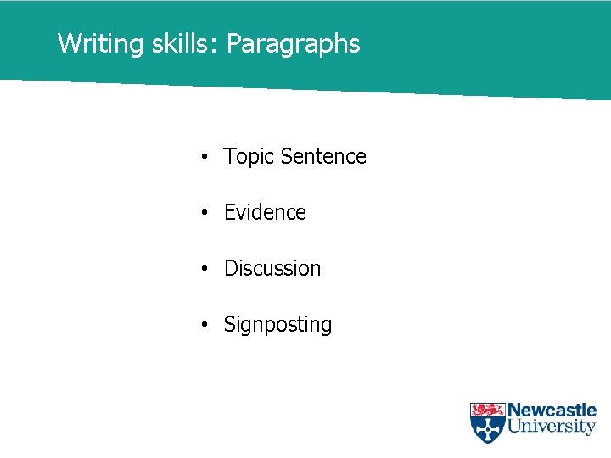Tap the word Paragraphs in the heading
coord(294,44)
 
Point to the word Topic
coord(249,157)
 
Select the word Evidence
coord(265,213)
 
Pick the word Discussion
coord(272,269)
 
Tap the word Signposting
coord(277,325)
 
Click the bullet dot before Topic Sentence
coord(205,158)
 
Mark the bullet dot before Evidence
coord(205,214)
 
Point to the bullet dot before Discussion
coord(205,270)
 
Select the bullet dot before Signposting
coord(205,326)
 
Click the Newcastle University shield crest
coord(487,422)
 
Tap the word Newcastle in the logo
coord(552,411)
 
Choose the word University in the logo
coord(552,427)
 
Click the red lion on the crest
coord(487,411)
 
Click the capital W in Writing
coord(67,44)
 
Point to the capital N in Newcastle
coord(514,411)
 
